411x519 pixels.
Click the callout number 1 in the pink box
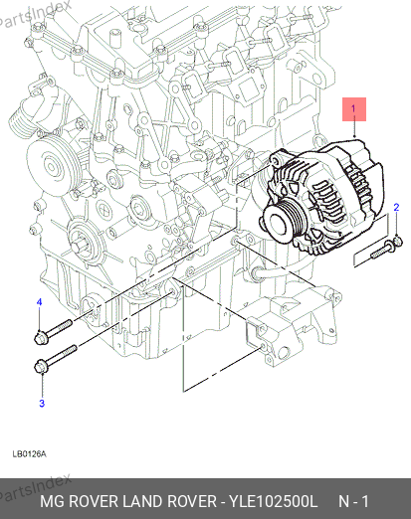pos(353,108)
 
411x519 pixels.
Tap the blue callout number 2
pos(396,208)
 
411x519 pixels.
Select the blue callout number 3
pos(42,404)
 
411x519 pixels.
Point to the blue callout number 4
pos(40,302)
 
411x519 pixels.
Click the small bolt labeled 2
pos(387,248)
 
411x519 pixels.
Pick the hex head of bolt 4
pos(41,337)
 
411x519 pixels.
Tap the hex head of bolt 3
pos(41,366)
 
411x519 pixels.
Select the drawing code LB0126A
pos(29,453)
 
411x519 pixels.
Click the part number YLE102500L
pos(274,501)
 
